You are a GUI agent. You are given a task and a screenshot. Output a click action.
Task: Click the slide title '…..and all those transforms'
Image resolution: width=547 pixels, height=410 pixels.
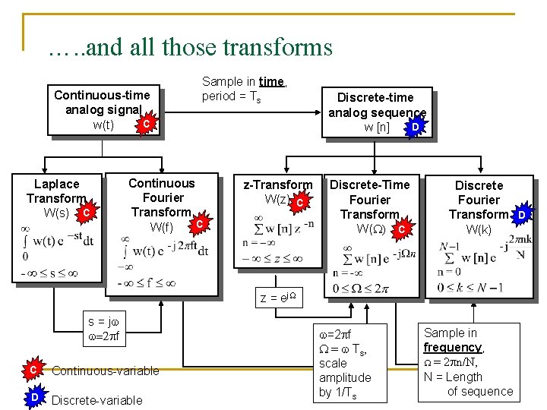click(189, 48)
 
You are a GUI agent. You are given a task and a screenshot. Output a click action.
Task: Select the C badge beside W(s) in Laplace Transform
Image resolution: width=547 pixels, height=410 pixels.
click(87, 212)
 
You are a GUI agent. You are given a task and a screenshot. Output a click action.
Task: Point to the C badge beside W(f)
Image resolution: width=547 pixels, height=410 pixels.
click(198, 224)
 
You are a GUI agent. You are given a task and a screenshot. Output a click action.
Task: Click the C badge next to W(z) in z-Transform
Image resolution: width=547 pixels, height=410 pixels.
click(301, 202)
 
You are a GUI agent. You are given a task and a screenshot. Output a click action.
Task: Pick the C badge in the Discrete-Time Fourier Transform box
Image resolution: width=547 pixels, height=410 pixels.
click(401, 228)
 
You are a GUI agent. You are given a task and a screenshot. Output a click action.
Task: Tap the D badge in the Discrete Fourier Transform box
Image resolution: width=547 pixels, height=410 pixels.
click(521, 216)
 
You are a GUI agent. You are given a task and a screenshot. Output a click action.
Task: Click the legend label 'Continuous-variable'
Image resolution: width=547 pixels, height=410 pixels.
click(105, 371)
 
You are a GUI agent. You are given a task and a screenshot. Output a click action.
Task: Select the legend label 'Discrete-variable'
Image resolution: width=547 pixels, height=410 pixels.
click(96, 400)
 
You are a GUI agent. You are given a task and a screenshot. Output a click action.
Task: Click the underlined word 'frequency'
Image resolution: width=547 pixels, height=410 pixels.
click(453, 347)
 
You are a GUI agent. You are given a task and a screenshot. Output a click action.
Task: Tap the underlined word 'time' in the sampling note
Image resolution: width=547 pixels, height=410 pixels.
click(271, 82)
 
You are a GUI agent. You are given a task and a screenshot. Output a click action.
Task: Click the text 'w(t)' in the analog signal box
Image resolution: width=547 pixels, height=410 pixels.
click(103, 125)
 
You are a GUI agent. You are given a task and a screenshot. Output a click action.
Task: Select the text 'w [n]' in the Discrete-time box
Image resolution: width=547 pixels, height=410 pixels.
click(377, 128)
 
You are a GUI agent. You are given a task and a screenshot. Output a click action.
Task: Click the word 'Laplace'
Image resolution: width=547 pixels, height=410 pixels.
click(57, 184)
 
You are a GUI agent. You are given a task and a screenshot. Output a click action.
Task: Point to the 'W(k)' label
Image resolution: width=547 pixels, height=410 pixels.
click(479, 229)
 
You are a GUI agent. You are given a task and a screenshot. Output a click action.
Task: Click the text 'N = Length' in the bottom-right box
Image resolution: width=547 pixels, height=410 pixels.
click(453, 377)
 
